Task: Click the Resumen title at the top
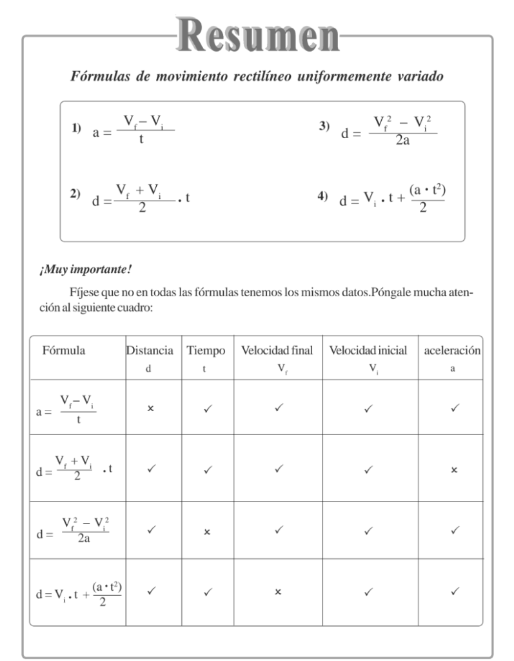click(257, 32)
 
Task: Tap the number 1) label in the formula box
click(76, 128)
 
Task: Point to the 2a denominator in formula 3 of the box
click(402, 140)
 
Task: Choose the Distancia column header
click(150, 351)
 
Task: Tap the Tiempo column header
click(206, 351)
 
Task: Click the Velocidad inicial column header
click(368, 351)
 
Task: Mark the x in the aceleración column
click(454, 470)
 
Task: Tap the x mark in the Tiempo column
click(206, 531)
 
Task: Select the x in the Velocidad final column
click(278, 592)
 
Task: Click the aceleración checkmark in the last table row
click(454, 591)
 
